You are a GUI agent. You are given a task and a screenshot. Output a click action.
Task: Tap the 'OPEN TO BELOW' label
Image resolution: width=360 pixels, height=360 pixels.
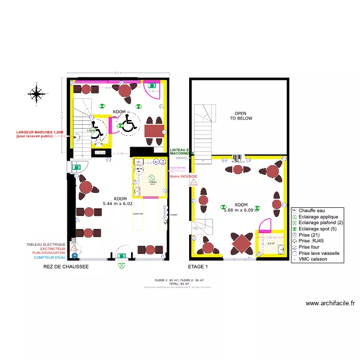click(x=240, y=115)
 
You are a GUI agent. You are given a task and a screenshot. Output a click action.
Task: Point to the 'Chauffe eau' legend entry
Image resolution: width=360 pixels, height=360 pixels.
click(x=312, y=210)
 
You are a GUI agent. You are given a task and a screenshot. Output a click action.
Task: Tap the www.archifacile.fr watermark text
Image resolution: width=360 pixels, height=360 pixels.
click(x=330, y=303)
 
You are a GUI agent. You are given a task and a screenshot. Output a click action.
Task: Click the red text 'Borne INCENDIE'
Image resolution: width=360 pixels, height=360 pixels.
click(x=183, y=176)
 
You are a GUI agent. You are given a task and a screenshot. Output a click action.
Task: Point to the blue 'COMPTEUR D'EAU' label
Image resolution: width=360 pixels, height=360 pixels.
click(x=49, y=257)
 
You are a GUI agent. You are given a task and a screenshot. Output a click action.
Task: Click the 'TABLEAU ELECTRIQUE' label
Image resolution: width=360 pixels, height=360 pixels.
click(x=46, y=244)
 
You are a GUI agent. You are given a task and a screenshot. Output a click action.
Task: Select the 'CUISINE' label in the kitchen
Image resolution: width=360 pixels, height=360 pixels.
click(x=153, y=182)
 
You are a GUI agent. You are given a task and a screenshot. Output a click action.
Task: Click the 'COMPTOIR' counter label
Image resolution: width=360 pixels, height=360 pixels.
click(x=138, y=214)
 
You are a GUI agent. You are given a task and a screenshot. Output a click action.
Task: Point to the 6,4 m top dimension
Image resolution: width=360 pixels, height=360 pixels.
click(x=118, y=72)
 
